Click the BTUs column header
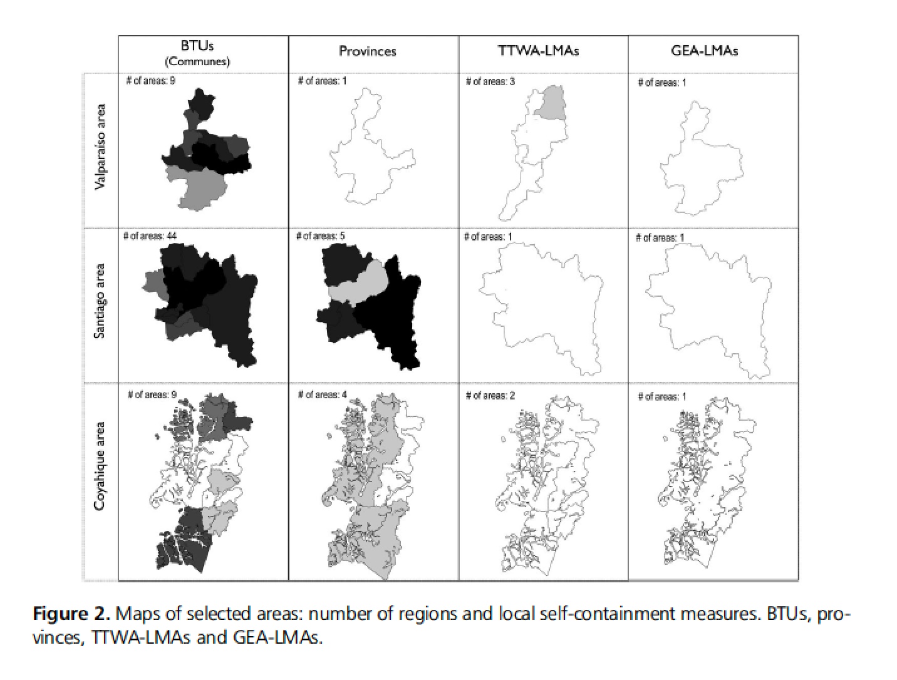click(197, 46)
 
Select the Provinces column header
click(367, 51)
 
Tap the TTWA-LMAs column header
click(538, 51)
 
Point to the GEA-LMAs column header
click(704, 51)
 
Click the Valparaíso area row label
click(100, 147)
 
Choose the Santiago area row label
click(100, 301)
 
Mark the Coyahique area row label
click(100, 466)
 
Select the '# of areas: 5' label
click(320, 236)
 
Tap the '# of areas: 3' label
click(490, 81)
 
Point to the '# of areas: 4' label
click(322, 394)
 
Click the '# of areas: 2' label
click(490, 396)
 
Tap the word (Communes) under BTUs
click(197, 62)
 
